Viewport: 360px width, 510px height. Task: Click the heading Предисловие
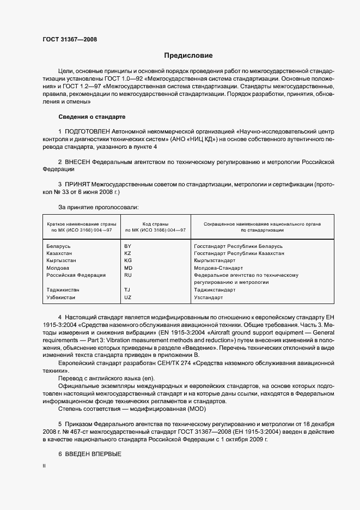pyautogui.click(x=188, y=56)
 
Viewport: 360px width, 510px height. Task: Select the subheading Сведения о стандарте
pyautogui.click(x=91, y=117)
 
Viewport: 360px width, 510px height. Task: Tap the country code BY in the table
pyautogui.click(x=128, y=246)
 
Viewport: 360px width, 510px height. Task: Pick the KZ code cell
pyautogui.click(x=128, y=253)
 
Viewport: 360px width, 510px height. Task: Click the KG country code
pyautogui.click(x=128, y=261)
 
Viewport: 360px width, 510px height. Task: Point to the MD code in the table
pyautogui.click(x=129, y=268)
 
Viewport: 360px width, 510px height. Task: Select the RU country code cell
pyautogui.click(x=128, y=275)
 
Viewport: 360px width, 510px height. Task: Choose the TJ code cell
pyautogui.click(x=127, y=290)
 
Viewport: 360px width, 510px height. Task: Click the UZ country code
pyautogui.click(x=128, y=297)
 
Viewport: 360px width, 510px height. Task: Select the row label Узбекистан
pyautogui.click(x=62, y=297)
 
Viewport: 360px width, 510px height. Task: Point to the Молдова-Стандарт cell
pyautogui.click(x=217, y=268)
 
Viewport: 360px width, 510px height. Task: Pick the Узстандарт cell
pyautogui.click(x=208, y=297)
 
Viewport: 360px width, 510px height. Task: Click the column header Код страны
pyautogui.click(x=155, y=224)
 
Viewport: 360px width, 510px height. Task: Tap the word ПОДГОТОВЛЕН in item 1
pyautogui.click(x=87, y=132)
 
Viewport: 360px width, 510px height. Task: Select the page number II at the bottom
pyautogui.click(x=44, y=467)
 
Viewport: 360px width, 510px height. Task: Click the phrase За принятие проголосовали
pyautogui.click(x=98, y=207)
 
